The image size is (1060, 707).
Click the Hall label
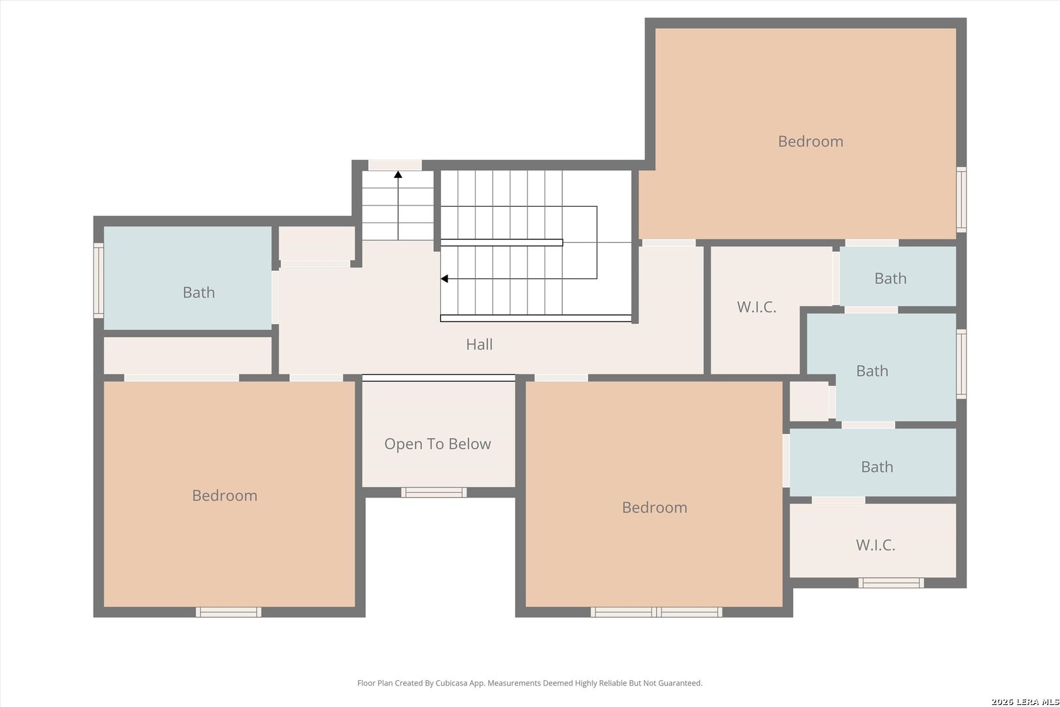[479, 344]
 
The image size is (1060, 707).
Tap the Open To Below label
[437, 444]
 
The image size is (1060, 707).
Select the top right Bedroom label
[810, 141]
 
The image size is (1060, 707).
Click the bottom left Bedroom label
[224, 496]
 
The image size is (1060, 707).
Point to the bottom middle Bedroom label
[654, 507]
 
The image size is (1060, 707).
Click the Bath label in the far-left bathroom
[199, 292]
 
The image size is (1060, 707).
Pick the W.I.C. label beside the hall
[756, 307]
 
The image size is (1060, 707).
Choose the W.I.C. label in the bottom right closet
[875, 545]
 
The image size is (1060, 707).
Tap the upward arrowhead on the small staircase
[398, 175]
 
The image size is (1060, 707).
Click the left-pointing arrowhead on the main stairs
[444, 278]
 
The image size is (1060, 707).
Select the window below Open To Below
[434, 492]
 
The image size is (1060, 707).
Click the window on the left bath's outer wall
[98, 280]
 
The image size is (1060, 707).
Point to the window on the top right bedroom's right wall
[961, 200]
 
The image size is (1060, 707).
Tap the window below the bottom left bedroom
[228, 612]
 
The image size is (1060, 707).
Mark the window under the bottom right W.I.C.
[891, 583]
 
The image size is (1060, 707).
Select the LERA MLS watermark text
[1025, 702]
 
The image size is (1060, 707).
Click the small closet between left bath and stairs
[317, 244]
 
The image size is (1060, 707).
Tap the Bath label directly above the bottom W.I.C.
[877, 467]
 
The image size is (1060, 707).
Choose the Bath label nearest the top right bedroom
[890, 278]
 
